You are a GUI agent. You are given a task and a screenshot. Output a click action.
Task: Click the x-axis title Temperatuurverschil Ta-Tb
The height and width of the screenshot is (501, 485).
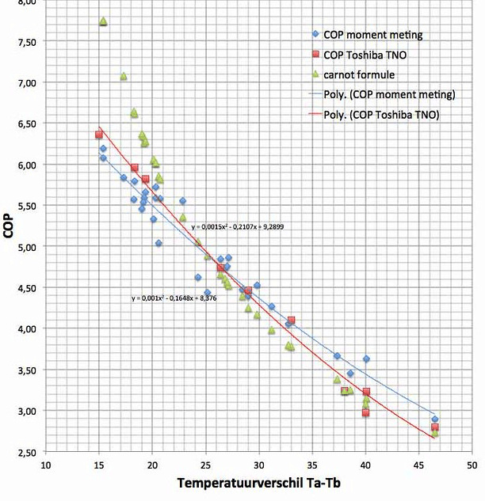point(258,483)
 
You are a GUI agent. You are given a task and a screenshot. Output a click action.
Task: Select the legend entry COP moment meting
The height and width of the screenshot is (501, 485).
point(373,35)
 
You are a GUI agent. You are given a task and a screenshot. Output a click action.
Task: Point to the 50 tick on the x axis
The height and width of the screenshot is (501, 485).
point(472,465)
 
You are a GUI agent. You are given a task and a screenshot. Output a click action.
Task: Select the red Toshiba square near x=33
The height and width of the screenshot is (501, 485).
point(292,321)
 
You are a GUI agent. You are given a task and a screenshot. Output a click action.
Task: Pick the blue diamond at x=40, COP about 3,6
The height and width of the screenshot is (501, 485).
point(366,359)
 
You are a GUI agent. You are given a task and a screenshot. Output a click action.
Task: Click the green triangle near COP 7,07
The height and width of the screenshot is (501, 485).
point(124,76)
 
